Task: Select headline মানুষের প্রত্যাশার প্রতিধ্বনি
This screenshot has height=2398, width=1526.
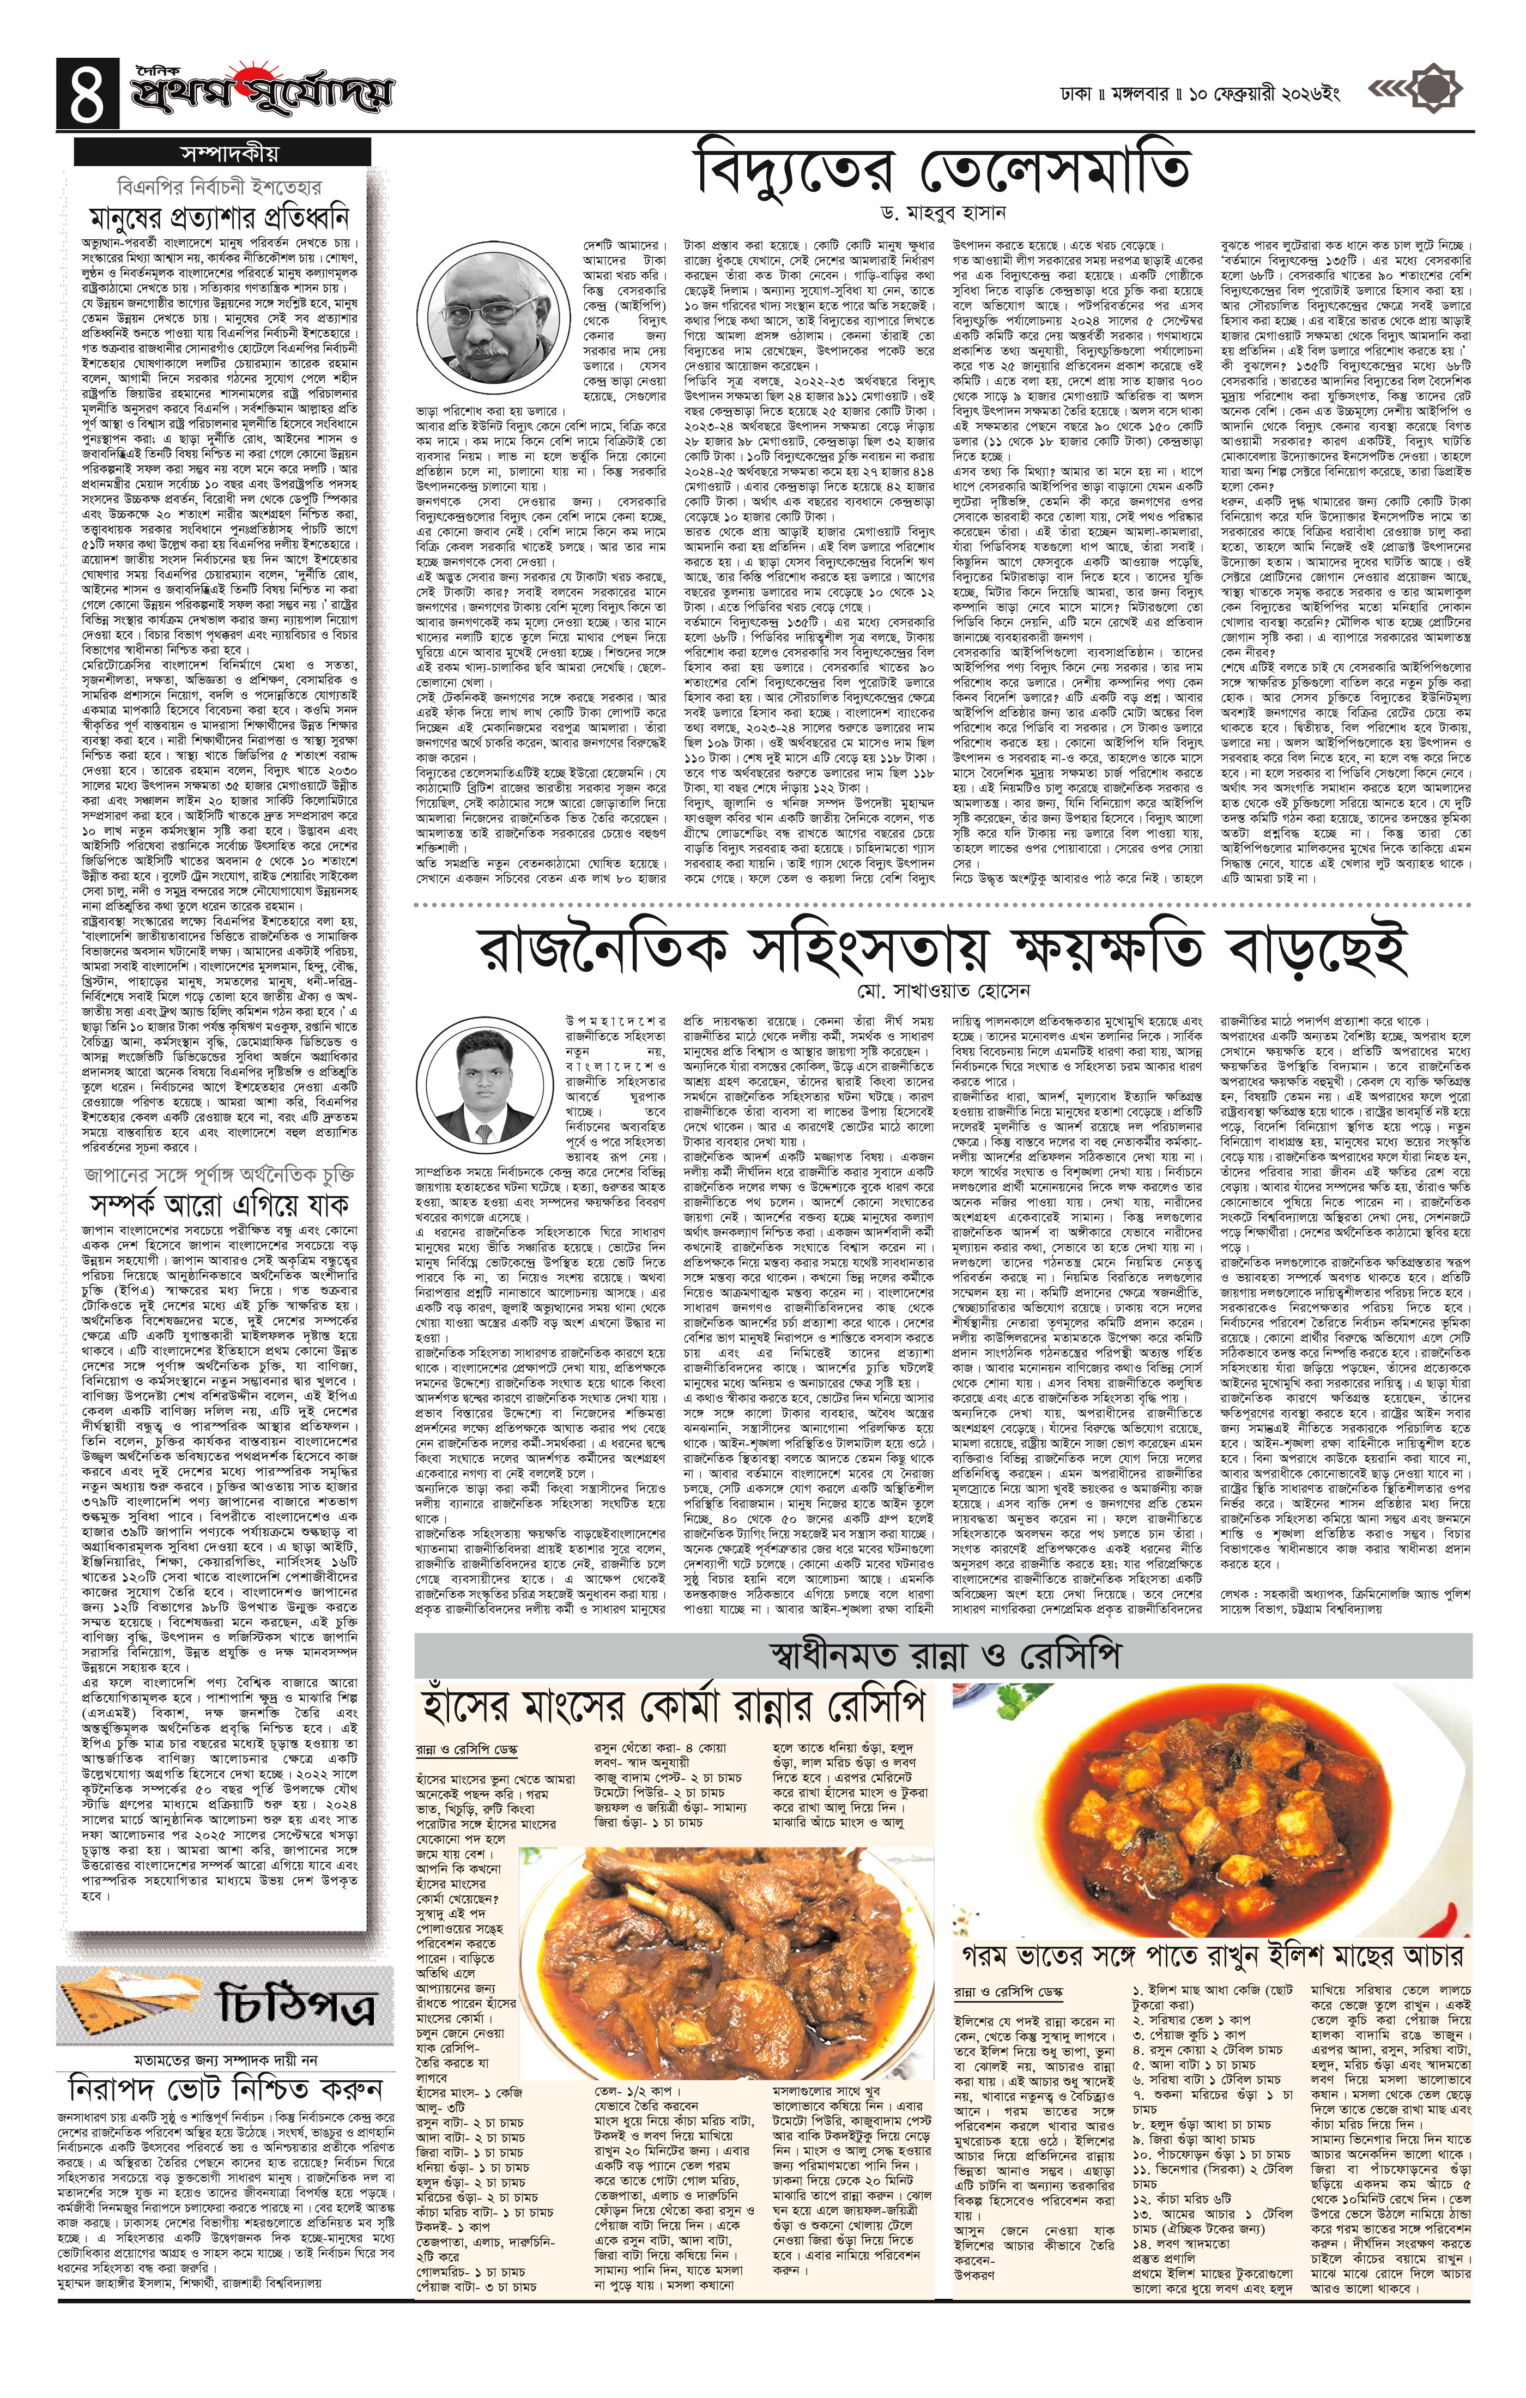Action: coord(221,218)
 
